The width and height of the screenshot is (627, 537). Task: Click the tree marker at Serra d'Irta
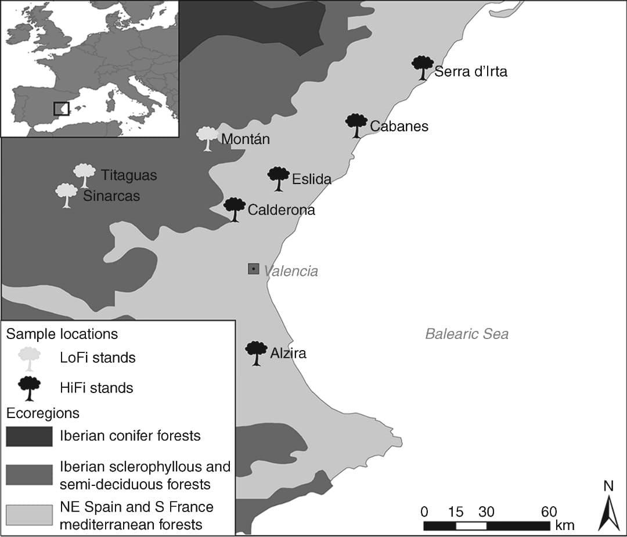pos(423,67)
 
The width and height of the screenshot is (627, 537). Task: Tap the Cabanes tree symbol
pos(356,125)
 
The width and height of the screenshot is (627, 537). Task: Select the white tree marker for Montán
pos(207,138)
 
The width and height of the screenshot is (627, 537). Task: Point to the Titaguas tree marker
pos(84,175)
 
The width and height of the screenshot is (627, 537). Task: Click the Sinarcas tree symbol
pos(66,194)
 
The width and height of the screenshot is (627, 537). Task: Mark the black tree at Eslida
pos(279,178)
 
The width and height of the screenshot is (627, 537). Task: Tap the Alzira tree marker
pos(256,352)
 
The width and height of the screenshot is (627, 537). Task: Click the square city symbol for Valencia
pos(254,269)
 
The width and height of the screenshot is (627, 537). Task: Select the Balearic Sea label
pos(467,334)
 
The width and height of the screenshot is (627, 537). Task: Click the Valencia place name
pos(291,271)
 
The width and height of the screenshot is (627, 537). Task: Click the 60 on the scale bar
pos(549,512)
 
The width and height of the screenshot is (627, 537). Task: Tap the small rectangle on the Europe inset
pos(61,109)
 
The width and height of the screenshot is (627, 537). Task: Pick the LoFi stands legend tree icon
pos(29,358)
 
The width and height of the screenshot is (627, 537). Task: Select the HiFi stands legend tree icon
pos(29,388)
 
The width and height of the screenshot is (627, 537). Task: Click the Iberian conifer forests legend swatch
pos(28,436)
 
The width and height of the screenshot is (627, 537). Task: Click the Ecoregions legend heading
pos(42,413)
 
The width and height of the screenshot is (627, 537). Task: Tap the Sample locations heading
pos(62,334)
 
